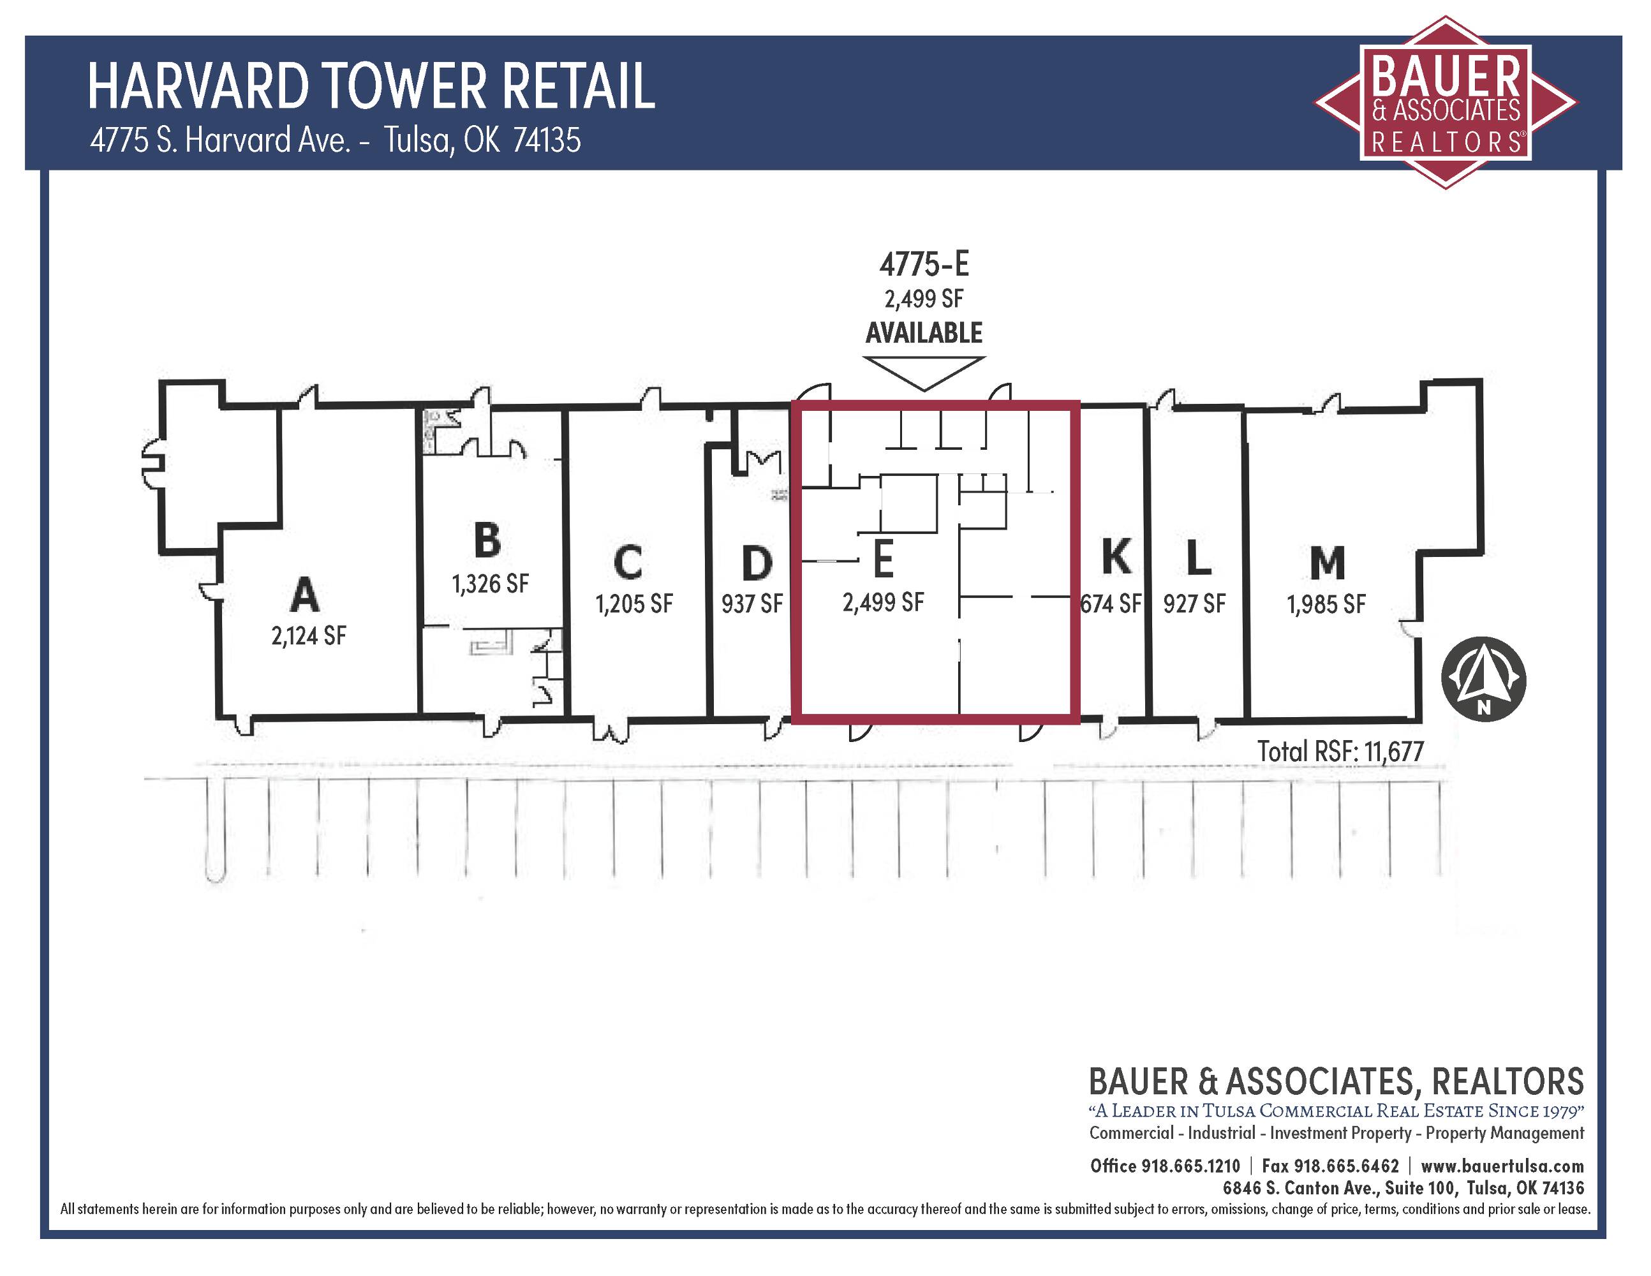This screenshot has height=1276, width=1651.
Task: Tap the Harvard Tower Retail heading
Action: coord(371,86)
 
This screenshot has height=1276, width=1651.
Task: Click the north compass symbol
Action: coord(1484,680)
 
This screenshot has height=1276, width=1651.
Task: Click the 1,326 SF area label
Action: coord(491,584)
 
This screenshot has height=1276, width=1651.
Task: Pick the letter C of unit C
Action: coord(628,563)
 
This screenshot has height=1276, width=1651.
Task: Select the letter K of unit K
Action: coord(1116,556)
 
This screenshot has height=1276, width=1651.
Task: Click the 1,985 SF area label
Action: coord(1327,604)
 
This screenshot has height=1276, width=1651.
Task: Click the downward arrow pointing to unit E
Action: coord(924,373)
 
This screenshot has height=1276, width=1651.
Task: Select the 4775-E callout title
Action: coord(924,264)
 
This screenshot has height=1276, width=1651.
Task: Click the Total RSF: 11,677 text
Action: coord(1340,752)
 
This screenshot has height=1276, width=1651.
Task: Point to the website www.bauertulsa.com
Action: coord(1502,1166)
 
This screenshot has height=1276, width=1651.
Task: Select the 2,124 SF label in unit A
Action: coord(308,635)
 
